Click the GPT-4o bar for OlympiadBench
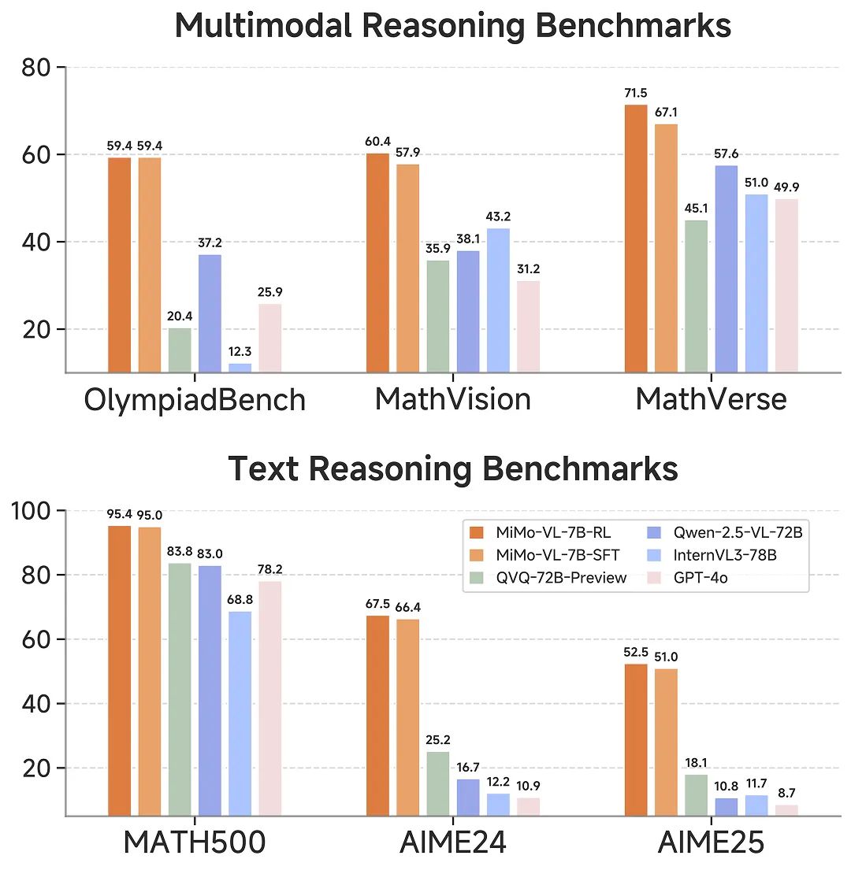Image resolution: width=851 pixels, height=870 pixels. tap(269, 338)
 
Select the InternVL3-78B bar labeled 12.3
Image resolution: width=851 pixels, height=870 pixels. tap(240, 368)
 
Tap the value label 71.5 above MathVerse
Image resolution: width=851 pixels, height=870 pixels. tap(636, 94)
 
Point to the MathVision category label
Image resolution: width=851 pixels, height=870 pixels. tap(452, 399)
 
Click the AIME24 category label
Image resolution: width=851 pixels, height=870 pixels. tap(452, 843)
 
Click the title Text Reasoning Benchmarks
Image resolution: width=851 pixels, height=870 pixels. tap(452, 469)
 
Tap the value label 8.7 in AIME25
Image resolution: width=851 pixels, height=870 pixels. tap(786, 792)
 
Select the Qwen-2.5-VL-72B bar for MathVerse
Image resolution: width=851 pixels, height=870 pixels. tap(727, 268)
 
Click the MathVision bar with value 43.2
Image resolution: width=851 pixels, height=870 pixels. tap(498, 300)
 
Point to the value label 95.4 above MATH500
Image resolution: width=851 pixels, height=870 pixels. tap(120, 515)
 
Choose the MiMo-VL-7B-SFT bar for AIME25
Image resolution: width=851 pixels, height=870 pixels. tap(666, 742)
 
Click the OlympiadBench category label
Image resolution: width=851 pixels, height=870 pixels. tap(195, 399)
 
